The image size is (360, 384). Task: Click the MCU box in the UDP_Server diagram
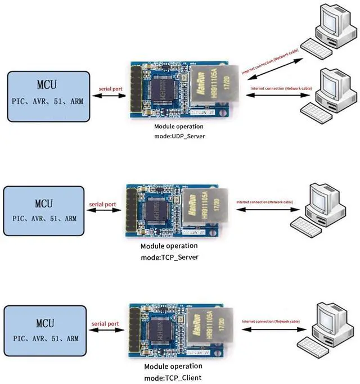click(49, 96)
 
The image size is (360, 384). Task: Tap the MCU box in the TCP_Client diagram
click(45, 329)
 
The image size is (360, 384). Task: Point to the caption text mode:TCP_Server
click(169, 257)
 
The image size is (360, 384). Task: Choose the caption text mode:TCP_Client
click(172, 377)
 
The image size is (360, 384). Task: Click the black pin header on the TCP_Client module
click(134, 331)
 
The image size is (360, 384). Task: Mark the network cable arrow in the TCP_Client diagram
click(272, 328)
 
